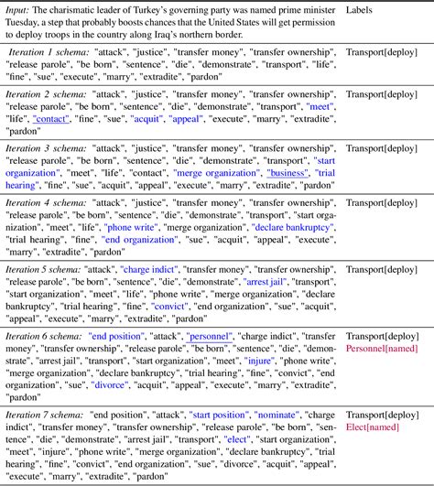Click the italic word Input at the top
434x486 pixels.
pos(21,9)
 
